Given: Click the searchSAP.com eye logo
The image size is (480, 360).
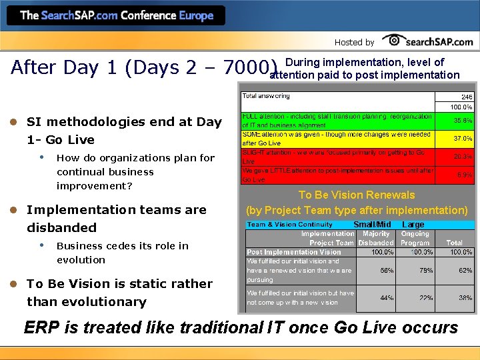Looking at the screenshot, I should pyautogui.click(x=393, y=40).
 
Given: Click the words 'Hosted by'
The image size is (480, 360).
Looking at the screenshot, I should pyautogui.click(x=354, y=42).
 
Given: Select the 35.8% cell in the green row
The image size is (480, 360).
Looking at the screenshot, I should pyautogui.click(x=463, y=121).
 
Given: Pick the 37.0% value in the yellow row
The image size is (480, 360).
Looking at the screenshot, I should pyautogui.click(x=463, y=139).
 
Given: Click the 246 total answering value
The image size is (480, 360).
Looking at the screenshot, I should pyautogui.click(x=467, y=97).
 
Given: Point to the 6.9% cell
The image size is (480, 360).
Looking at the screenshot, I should pyautogui.click(x=464, y=175).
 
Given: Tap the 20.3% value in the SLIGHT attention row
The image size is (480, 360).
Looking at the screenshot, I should pyautogui.click(x=463, y=157).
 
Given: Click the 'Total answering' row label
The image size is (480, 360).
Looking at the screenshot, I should pyautogui.click(x=266, y=96).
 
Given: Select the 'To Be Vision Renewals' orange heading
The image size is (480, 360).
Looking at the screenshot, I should pyautogui.click(x=357, y=195).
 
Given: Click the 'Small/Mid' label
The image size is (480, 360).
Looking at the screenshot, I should pyautogui.click(x=372, y=225).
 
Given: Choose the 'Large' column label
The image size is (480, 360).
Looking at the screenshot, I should pyautogui.click(x=413, y=225).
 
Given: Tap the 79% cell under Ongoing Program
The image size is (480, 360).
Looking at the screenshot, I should pyautogui.click(x=421, y=271).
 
